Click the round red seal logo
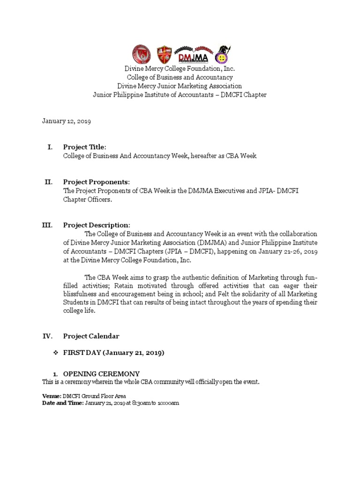point(141,55)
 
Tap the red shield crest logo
point(164,55)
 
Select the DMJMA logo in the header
point(193,55)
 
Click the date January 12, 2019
point(67,121)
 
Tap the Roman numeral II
point(49,182)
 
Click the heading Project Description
point(97,225)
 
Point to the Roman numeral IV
point(48,336)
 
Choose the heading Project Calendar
point(91,336)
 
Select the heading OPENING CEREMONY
point(101,374)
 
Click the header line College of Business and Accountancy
point(180,77)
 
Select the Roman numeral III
point(48,225)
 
